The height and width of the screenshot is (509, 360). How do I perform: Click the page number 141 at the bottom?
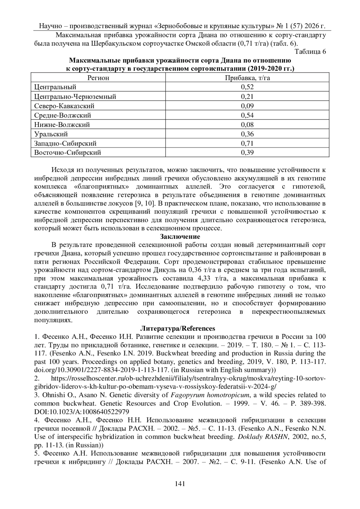coord(180,492)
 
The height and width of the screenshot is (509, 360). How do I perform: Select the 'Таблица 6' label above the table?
coord(310,52)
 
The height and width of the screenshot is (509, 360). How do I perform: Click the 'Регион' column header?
coord(98,78)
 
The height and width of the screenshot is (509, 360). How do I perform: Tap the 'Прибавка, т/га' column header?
coord(247,78)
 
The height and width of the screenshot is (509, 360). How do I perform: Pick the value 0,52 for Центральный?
coord(247,87)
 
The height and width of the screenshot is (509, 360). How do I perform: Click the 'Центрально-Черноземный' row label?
coord(75,97)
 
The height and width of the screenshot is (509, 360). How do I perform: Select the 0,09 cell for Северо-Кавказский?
coord(247,106)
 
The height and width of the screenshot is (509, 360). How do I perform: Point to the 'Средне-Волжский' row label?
coord(62,115)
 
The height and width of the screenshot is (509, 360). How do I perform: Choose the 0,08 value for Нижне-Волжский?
coord(247,124)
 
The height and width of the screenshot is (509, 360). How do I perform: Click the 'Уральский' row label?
coord(51,134)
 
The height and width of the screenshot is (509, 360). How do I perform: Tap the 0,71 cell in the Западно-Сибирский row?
coord(247,143)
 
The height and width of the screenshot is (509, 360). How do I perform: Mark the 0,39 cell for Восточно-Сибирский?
coord(247,153)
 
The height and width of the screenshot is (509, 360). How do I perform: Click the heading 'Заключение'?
coord(180,237)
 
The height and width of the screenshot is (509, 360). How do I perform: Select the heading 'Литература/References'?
coord(180,328)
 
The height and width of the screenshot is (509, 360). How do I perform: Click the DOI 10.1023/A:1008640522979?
coord(82,412)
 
